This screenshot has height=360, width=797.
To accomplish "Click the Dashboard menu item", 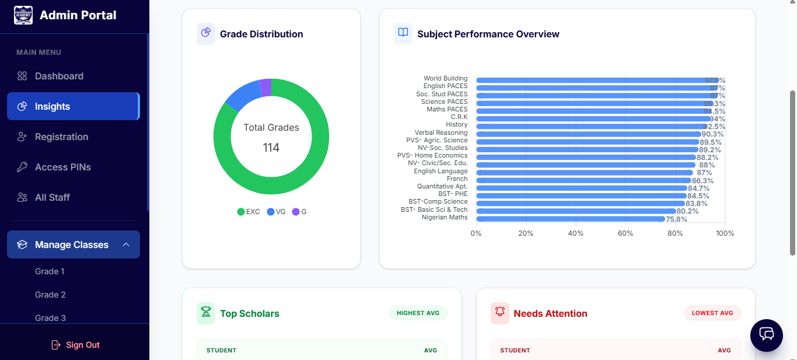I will (x=58, y=76).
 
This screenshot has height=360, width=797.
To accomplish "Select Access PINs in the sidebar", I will (x=62, y=167).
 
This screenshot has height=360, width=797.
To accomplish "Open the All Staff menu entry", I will (x=52, y=197).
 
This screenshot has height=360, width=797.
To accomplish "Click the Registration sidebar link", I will (x=61, y=137).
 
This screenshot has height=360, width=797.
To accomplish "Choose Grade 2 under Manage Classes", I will (x=50, y=295).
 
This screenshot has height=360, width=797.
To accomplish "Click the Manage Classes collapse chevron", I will (x=126, y=244).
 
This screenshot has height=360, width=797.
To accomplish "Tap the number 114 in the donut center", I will (x=271, y=148).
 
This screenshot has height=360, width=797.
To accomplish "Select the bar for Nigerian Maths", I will (x=570, y=219).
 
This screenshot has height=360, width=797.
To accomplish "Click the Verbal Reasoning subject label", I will (x=441, y=133).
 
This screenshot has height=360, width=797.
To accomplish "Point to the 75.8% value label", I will (x=677, y=219).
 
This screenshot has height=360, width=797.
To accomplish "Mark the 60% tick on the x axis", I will (x=625, y=233).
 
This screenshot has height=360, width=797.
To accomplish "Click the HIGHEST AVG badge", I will (x=418, y=313).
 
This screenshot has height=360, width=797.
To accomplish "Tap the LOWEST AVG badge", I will (x=712, y=313).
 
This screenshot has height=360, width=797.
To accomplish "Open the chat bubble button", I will (x=766, y=335).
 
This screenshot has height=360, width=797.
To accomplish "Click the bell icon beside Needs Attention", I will (x=500, y=313).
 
